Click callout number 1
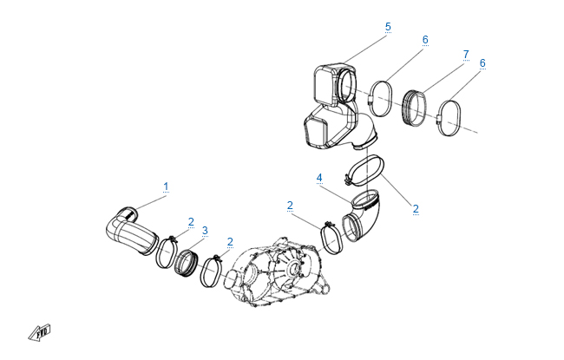pos(166,187)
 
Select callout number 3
pos(205,231)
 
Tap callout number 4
pos(319,178)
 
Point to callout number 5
pos(388,27)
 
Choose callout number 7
pos(466,55)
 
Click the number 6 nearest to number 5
pos(425,40)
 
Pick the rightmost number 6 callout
pos(482,63)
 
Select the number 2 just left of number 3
pos(191,222)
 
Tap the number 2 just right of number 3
pos(230,242)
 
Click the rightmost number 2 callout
pos(416,209)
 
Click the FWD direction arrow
pos(40,332)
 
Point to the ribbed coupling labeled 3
pos(186,264)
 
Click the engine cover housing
pos(279,273)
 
